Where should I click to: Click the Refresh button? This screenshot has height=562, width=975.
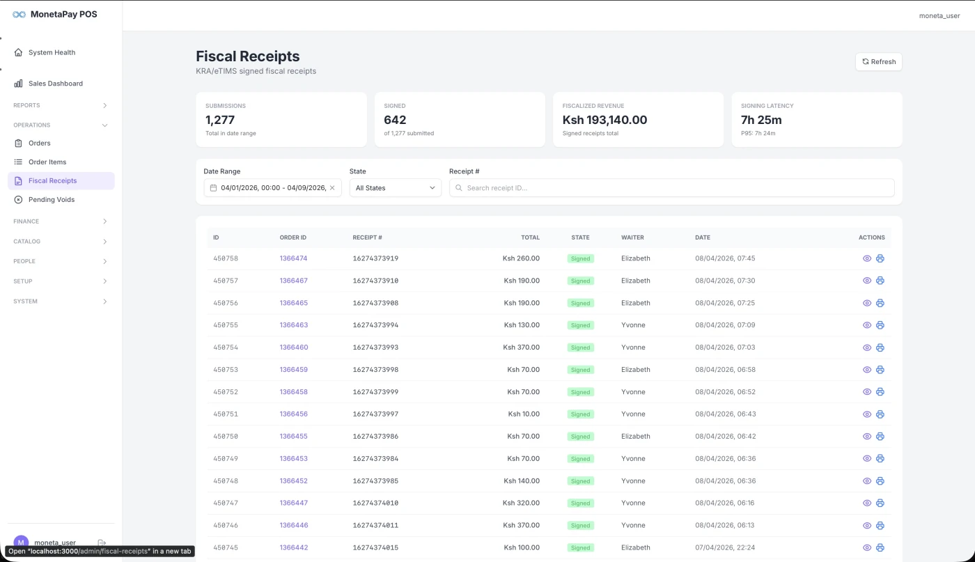click(878, 62)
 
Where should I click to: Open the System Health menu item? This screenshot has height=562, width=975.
click(52, 52)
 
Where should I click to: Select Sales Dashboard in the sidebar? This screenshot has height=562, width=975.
click(55, 84)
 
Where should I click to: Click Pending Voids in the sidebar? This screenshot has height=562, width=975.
click(51, 200)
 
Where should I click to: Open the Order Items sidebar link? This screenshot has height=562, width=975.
click(47, 162)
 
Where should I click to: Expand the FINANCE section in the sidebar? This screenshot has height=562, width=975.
click(61, 221)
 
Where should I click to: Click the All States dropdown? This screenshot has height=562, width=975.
click(395, 188)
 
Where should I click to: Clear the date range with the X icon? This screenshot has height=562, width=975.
click(332, 188)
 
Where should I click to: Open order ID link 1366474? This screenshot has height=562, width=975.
click(293, 258)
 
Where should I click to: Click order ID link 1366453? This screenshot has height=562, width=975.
click(293, 459)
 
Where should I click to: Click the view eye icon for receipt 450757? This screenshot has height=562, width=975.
click(867, 281)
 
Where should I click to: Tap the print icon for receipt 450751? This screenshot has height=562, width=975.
click(880, 414)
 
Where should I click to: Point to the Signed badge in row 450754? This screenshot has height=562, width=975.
click(580, 348)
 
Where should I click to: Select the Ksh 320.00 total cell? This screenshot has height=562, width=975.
click(521, 503)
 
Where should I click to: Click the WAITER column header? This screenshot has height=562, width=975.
click(632, 237)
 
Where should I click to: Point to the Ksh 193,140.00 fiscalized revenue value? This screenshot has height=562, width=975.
click(604, 120)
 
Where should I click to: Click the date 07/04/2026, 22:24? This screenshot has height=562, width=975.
click(724, 547)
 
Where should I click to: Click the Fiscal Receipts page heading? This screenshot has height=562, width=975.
click(247, 56)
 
